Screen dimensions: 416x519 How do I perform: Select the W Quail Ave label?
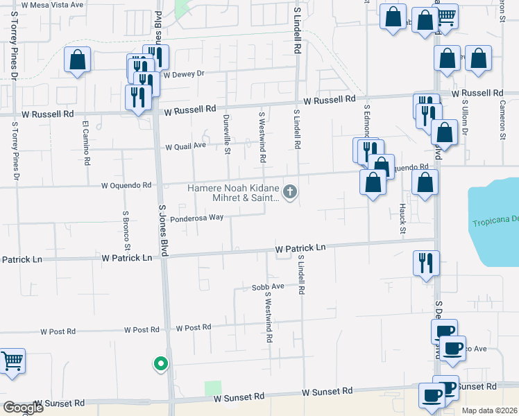[185, 146]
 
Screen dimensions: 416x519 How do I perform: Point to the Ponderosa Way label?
[198, 217]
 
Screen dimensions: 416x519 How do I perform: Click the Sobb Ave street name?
[268, 286]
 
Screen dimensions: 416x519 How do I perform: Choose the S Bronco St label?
[126, 230]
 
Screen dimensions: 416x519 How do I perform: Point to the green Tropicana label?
[495, 223]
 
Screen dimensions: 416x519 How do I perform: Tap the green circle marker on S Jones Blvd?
[161, 363]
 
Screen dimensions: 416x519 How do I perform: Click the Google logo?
[24, 408]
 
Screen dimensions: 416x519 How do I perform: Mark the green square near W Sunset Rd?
[213, 388]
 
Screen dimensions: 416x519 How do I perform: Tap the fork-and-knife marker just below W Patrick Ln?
[425, 263]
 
